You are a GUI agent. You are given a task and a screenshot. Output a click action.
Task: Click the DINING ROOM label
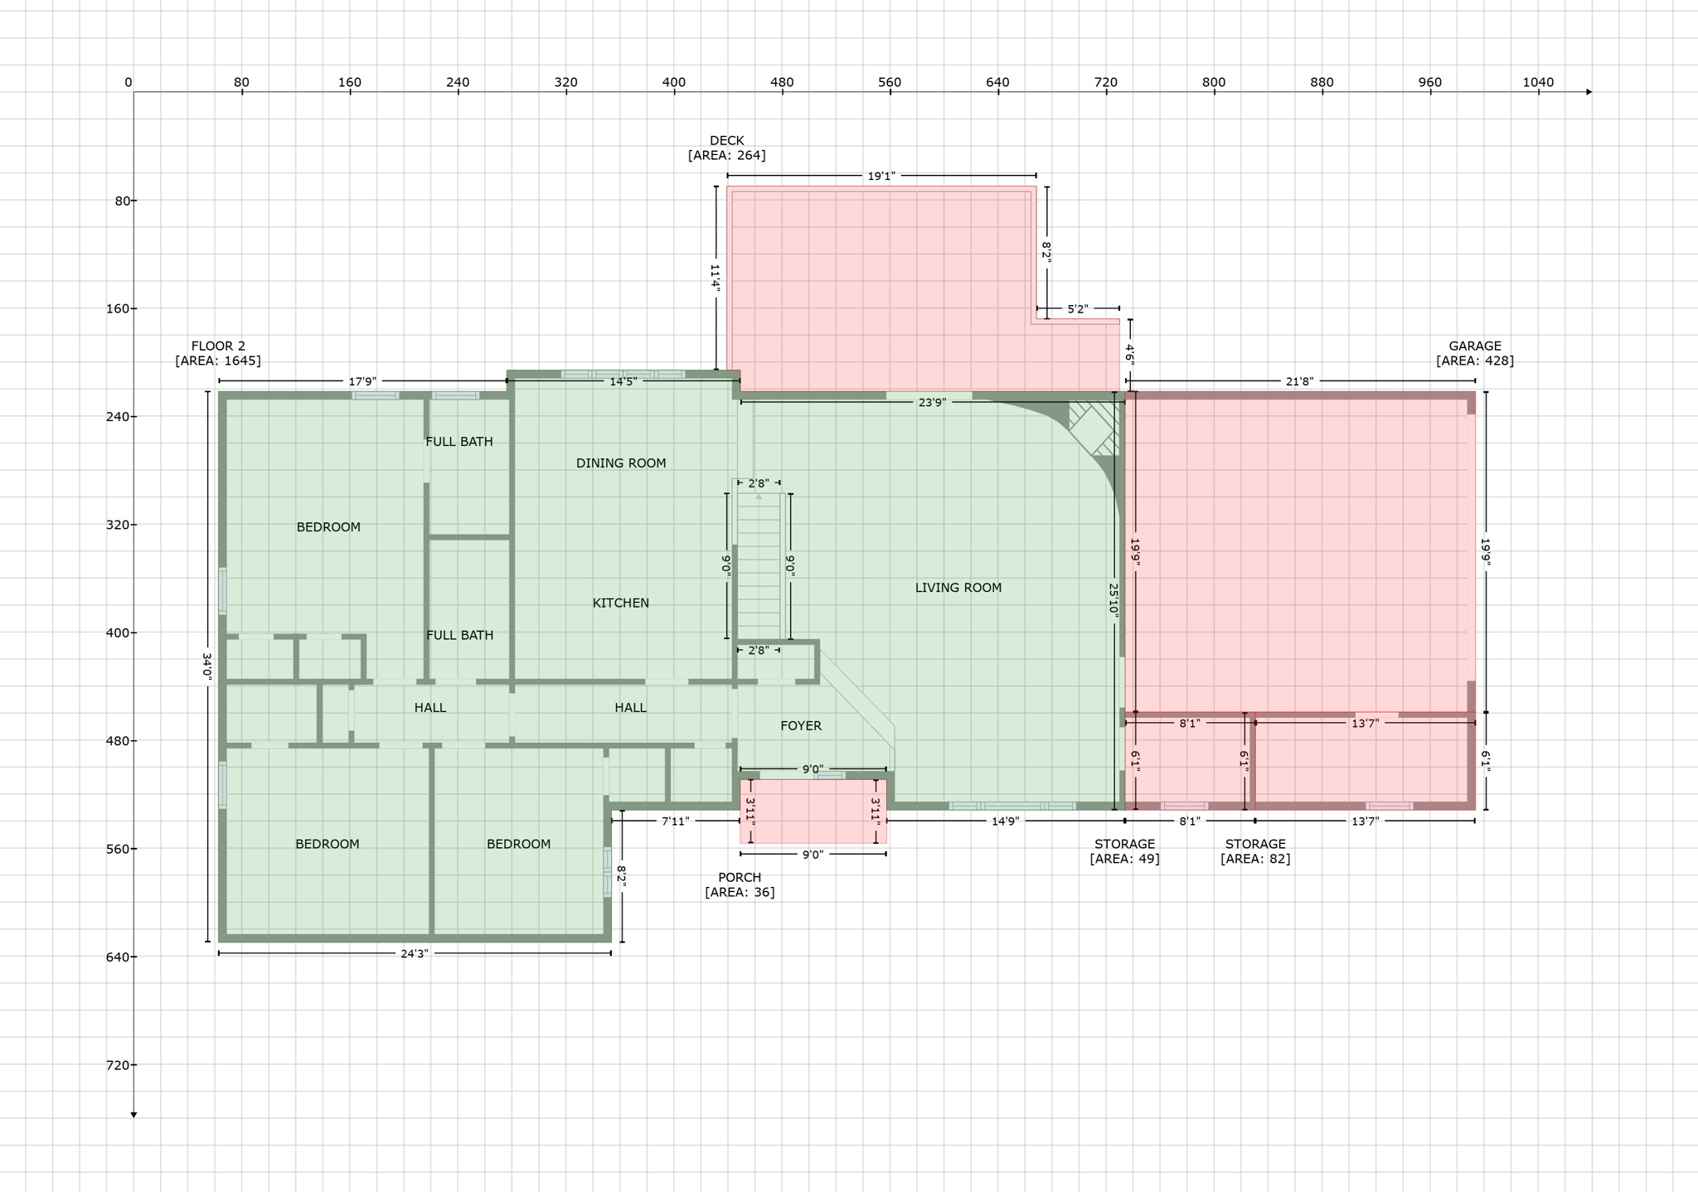pyautogui.click(x=621, y=463)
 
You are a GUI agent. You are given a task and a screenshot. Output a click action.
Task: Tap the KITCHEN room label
pyautogui.click(x=621, y=603)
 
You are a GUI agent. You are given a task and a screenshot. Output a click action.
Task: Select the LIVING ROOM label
pyautogui.click(x=958, y=588)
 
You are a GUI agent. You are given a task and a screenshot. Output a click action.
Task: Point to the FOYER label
pyautogui.click(x=801, y=726)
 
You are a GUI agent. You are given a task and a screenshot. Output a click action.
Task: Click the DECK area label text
pyautogui.click(x=726, y=148)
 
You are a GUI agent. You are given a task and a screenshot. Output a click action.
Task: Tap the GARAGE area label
pyautogui.click(x=1475, y=353)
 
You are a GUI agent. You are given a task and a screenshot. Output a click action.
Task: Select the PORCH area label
pyautogui.click(x=740, y=884)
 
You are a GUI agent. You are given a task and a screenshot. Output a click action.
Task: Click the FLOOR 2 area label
pyautogui.click(x=218, y=353)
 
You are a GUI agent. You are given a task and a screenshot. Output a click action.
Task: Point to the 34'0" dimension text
pyautogui.click(x=207, y=667)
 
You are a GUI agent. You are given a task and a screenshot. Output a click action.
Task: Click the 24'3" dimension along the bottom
pyautogui.click(x=415, y=954)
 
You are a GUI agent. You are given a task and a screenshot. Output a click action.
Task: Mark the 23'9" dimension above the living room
pyautogui.click(x=932, y=403)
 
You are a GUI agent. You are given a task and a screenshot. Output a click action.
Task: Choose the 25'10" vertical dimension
pyautogui.click(x=1113, y=598)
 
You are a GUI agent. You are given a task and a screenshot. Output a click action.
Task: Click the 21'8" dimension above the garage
pyautogui.click(x=1299, y=381)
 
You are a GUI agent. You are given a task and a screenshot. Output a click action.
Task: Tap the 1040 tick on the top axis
pyautogui.click(x=1538, y=82)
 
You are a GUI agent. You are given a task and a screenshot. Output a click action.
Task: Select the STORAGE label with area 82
pyautogui.click(x=1255, y=851)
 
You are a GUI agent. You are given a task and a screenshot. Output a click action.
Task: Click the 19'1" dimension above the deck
pyautogui.click(x=881, y=177)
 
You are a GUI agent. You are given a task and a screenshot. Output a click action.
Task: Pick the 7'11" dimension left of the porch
pyautogui.click(x=675, y=821)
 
